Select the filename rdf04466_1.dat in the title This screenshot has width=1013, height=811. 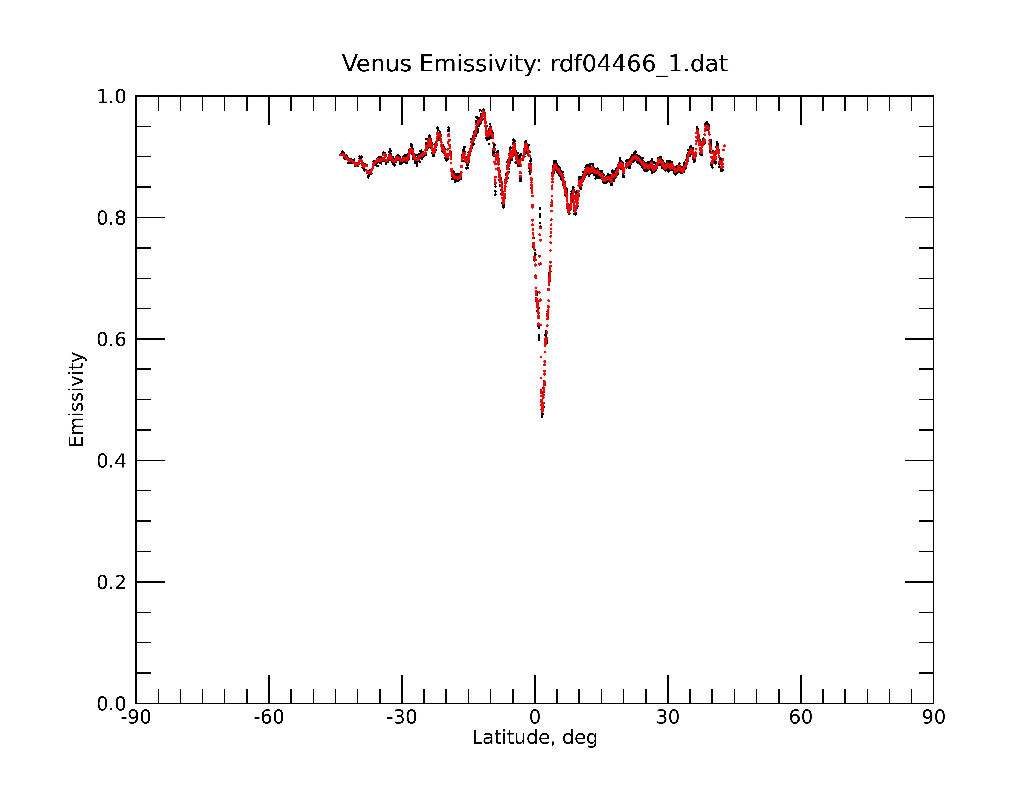coord(639,64)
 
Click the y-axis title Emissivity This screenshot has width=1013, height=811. coord(76,399)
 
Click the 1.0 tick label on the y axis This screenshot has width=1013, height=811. coord(111,97)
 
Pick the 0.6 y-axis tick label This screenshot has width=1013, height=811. coord(111,339)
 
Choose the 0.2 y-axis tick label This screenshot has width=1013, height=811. coord(111,582)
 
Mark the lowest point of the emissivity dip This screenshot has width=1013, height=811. coord(542,416)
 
